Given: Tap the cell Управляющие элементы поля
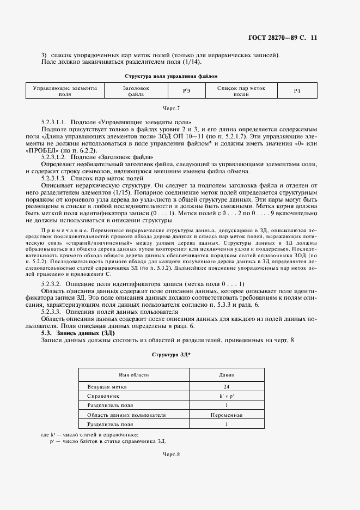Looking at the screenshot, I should click(65, 90).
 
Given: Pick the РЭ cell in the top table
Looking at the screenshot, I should click(186, 91).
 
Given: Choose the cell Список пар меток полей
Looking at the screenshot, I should click(241, 90).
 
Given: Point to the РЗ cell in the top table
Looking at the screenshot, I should click(297, 91).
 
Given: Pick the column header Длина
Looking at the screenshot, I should click(226, 375).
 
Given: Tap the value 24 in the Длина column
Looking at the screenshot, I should click(226, 386).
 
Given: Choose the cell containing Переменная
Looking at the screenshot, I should click(226, 415).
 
